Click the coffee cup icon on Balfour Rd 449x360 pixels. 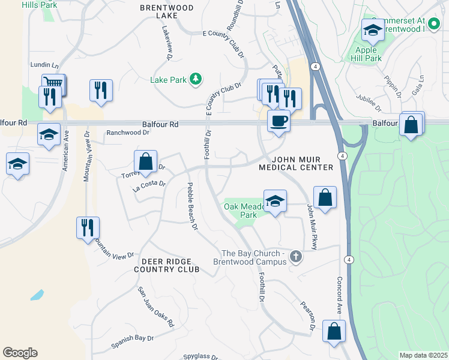pos(279,121)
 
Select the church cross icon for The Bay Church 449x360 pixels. pos(295,257)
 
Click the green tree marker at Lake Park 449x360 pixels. pos(195,79)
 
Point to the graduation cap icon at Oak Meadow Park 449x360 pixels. pos(275,201)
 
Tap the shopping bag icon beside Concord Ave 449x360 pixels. pos(334,331)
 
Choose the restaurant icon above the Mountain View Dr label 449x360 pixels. pos(88,228)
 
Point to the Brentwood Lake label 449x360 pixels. pos(163,11)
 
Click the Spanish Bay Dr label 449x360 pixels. pos(132,343)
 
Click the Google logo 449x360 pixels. pos(20,353)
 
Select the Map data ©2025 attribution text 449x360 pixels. pos(423,355)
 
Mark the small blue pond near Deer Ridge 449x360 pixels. pos(37,295)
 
